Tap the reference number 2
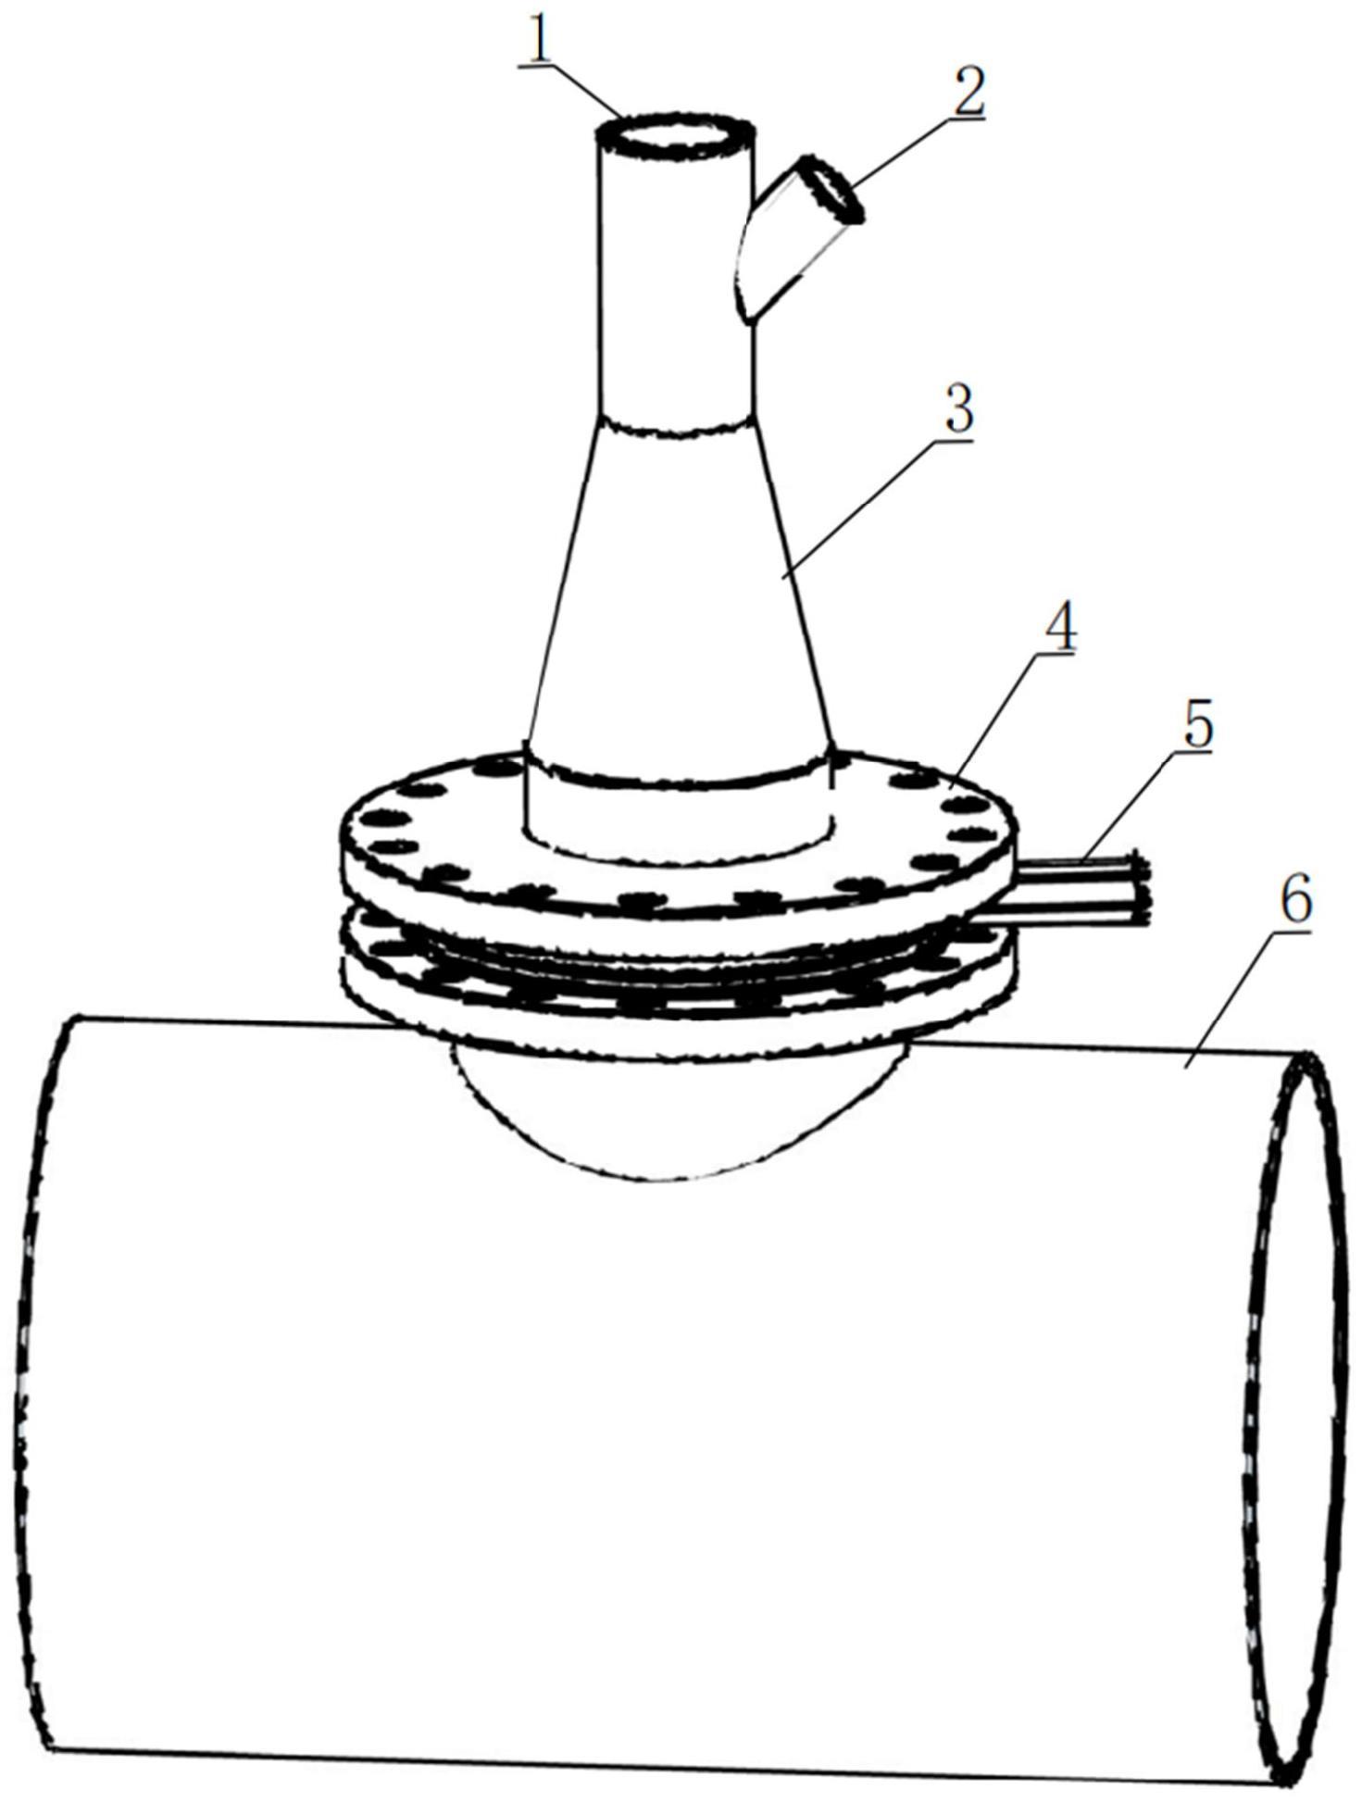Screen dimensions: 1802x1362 968,90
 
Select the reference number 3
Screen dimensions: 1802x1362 960,408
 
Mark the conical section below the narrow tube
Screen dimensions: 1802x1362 679,593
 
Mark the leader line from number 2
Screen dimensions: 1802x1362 903,153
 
